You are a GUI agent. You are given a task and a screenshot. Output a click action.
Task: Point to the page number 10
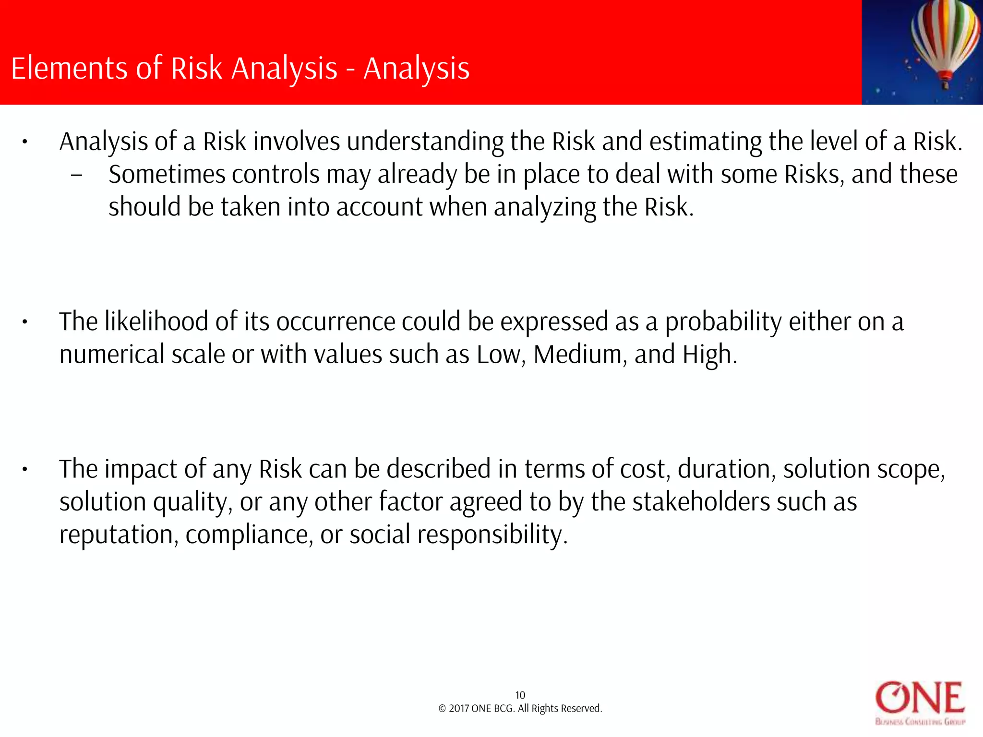click(520, 695)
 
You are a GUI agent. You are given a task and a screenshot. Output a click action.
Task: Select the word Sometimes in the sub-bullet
click(167, 175)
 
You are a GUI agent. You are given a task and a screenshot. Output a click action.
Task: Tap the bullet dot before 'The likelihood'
click(24, 322)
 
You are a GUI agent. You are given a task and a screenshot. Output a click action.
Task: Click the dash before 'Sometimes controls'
click(76, 176)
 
